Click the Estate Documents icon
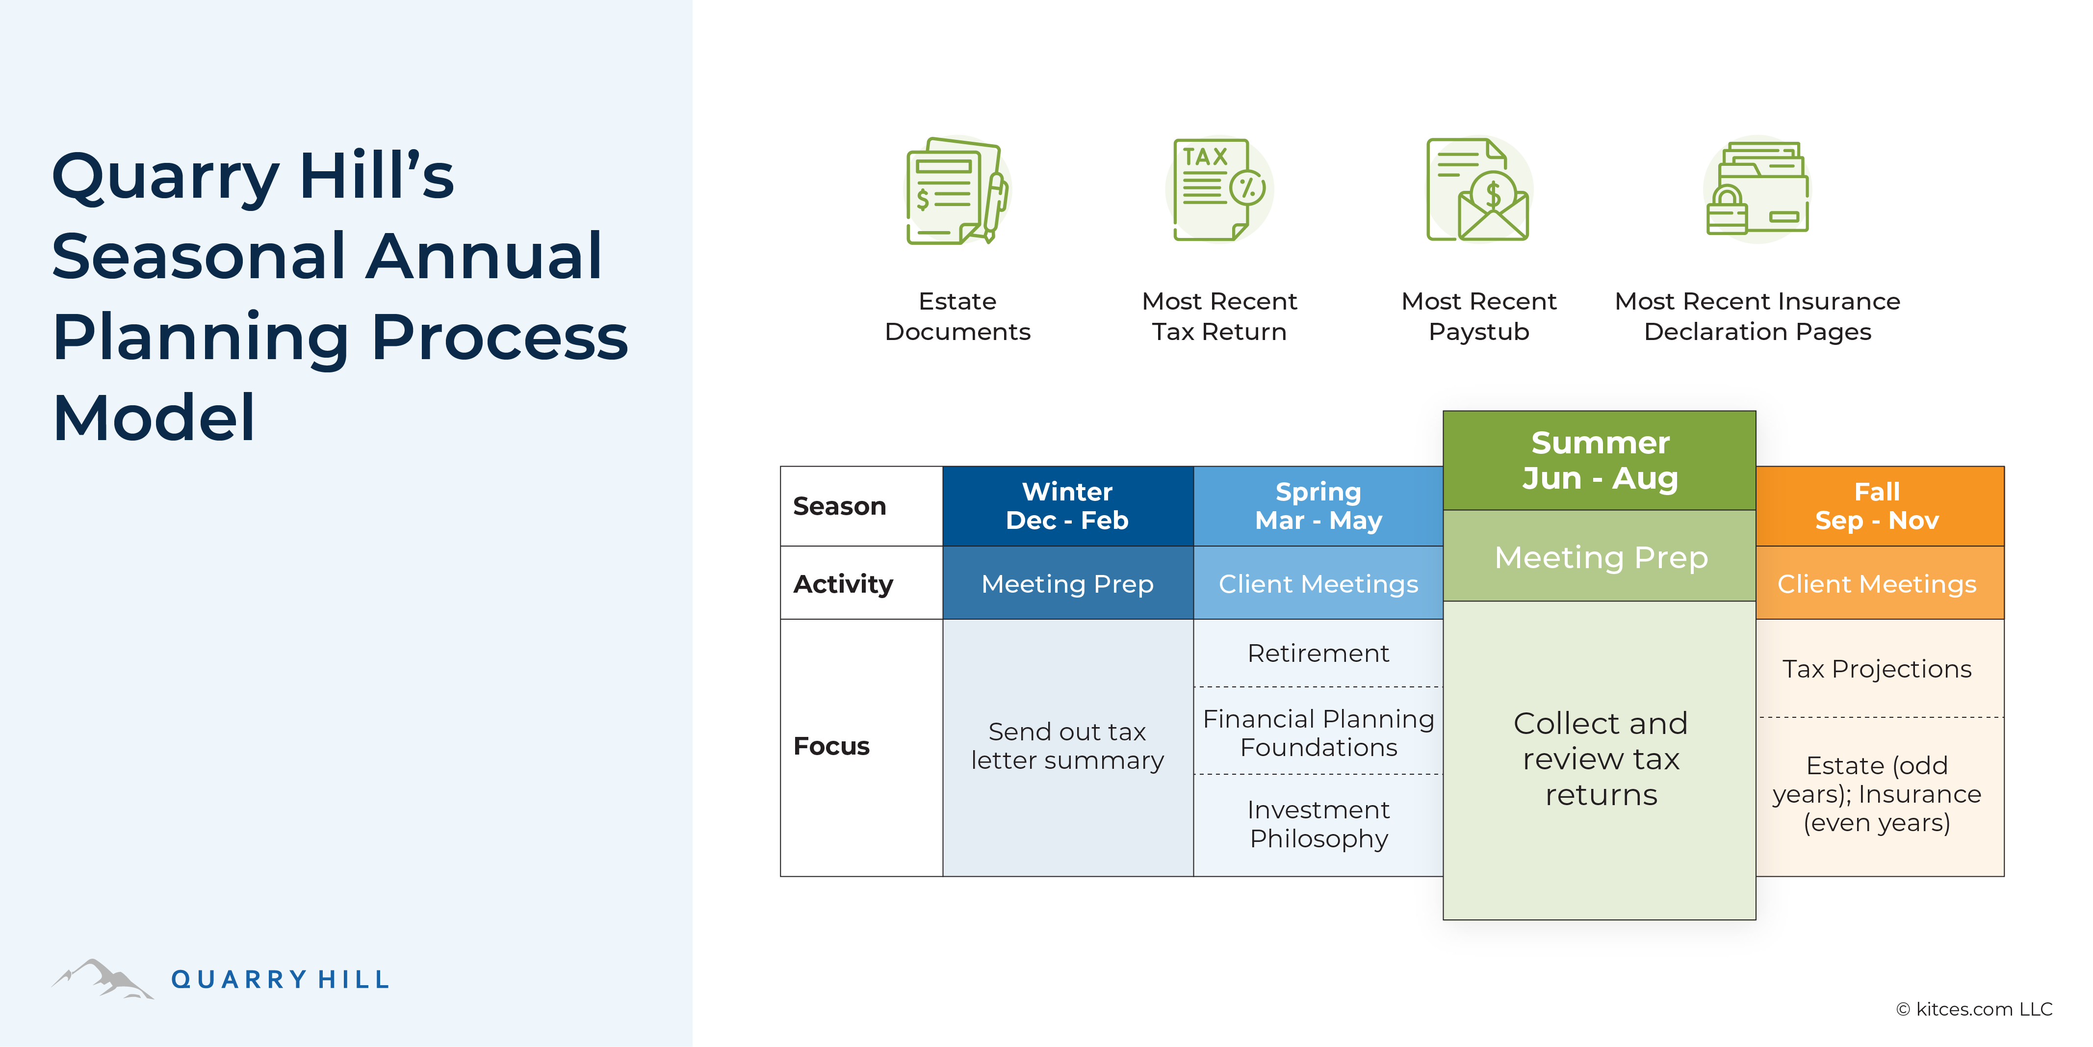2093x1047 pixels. (957, 191)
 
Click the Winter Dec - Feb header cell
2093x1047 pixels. (1067, 506)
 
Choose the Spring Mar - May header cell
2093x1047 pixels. (1318, 506)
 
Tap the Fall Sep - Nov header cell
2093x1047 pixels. (1878, 506)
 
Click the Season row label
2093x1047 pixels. (839, 506)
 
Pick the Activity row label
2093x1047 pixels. (843, 584)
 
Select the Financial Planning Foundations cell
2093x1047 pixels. (1318, 733)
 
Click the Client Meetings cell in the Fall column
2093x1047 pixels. (1878, 584)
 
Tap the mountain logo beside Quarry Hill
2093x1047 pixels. (103, 979)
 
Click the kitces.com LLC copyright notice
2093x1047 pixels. (1974, 1009)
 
